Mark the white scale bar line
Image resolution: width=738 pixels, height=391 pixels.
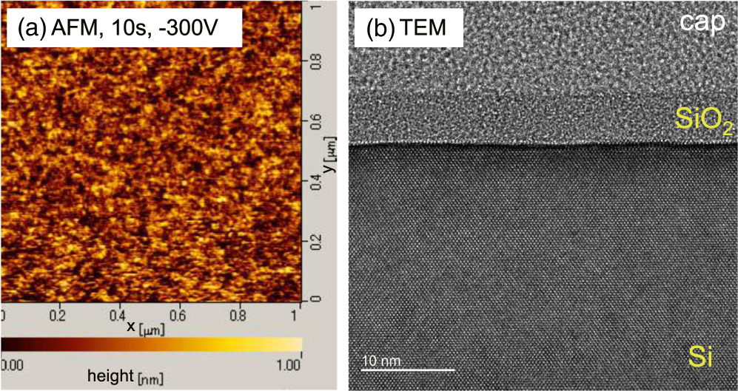(407, 369)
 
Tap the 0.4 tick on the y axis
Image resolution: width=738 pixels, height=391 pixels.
(315, 182)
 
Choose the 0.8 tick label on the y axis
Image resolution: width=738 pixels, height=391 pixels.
(315, 64)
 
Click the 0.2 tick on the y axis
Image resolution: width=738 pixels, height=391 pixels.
(315, 241)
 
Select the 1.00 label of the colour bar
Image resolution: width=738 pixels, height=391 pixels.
(287, 364)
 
